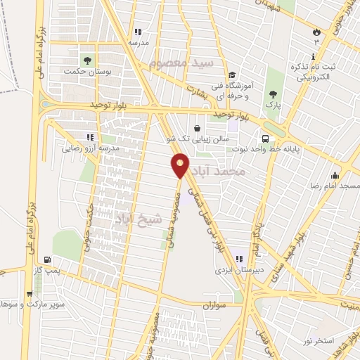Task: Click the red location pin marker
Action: tap(180, 165)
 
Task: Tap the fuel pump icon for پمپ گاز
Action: tap(47, 259)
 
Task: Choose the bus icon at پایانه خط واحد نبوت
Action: tap(266, 139)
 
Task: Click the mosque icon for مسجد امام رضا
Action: tap(335, 176)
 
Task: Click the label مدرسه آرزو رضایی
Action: tap(91, 148)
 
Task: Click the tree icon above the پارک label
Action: tap(273, 94)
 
